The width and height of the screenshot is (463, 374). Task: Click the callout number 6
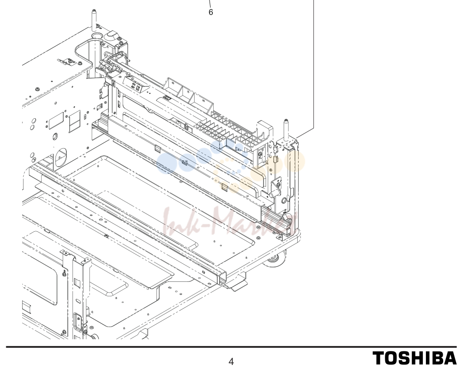[x=210, y=12]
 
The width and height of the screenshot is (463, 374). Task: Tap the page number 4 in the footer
[x=231, y=362]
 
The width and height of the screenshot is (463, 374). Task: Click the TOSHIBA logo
[x=414, y=358]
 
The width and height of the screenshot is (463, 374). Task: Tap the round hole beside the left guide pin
[x=97, y=36]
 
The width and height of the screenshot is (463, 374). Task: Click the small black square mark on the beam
[x=167, y=98]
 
